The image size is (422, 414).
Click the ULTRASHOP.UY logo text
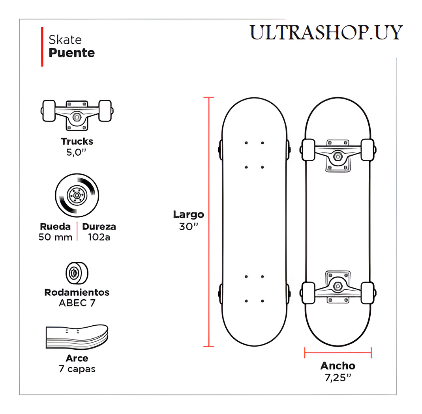[326, 32]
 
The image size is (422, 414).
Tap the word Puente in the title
[71, 53]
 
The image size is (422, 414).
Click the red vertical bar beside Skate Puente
[42, 47]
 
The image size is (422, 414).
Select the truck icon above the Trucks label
[77, 114]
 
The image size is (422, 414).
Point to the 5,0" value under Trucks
[77, 152]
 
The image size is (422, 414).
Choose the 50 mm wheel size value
[55, 237]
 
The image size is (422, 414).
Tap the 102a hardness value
[99, 237]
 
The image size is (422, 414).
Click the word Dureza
[99, 227]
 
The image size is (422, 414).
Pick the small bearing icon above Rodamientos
[77, 272]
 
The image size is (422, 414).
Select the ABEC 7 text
[77, 303]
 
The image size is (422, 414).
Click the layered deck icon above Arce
[77, 338]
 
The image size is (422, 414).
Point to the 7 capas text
[77, 369]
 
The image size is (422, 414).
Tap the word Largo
[188, 214]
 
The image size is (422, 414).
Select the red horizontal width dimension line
[338, 352]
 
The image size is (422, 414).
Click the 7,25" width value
[338, 377]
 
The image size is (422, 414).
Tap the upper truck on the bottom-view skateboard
[338, 154]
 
